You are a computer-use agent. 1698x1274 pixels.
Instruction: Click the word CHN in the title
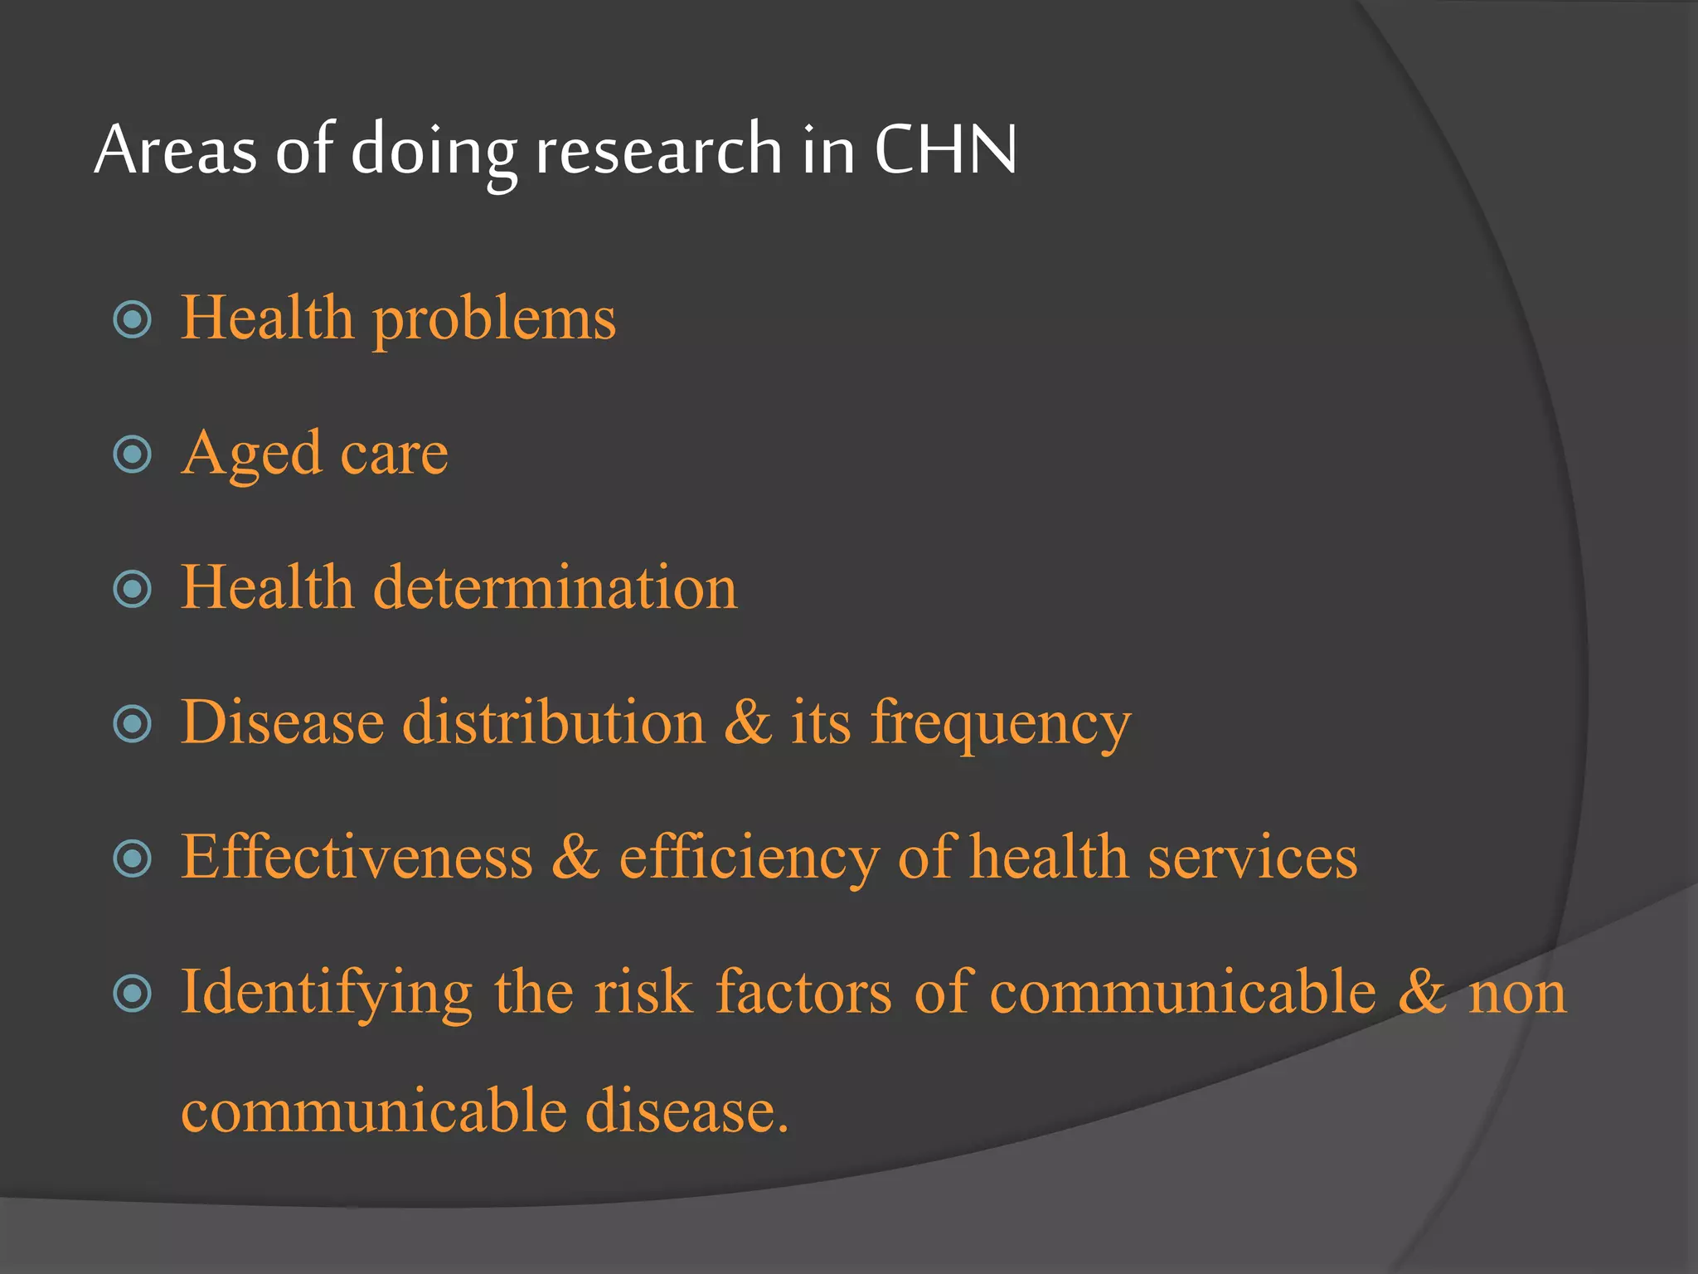[x=945, y=149]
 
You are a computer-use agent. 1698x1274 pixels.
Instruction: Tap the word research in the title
[x=658, y=149]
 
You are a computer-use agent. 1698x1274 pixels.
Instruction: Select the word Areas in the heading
[x=176, y=149]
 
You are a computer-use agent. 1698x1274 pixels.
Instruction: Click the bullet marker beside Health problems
[x=133, y=319]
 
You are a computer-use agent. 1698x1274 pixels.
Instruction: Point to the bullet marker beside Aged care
[x=133, y=455]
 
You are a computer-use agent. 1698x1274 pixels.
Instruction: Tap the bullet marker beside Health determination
[x=133, y=589]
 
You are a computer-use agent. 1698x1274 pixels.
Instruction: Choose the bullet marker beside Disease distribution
[x=133, y=723]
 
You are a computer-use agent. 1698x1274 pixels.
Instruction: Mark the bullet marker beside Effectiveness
[x=133, y=858]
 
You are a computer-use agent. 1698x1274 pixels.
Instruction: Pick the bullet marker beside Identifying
[x=133, y=993]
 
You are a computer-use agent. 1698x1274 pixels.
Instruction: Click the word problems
[x=494, y=319]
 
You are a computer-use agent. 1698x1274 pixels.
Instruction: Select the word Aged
[x=251, y=455]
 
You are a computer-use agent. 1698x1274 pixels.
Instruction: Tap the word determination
[x=555, y=587]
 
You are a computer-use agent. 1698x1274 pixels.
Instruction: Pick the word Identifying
[x=327, y=993]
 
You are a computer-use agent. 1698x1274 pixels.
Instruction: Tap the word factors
[x=803, y=991]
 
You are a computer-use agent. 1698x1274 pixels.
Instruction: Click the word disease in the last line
[x=686, y=1110]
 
